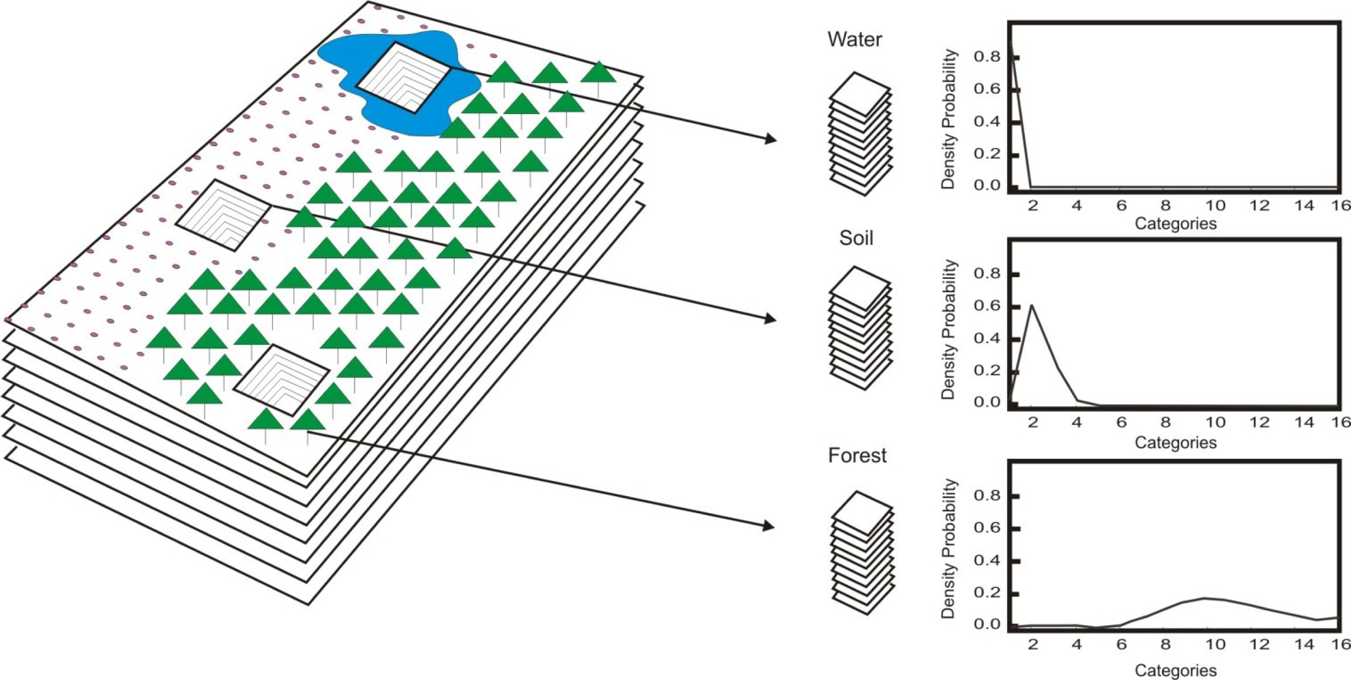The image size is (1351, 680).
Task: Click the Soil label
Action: point(856,239)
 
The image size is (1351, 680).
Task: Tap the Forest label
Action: point(857,455)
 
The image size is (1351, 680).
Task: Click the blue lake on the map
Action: point(341,58)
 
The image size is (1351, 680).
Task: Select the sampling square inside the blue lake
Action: point(403,78)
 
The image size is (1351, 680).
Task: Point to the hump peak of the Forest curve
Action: point(1205,598)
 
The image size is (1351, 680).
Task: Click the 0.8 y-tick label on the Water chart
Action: point(987,57)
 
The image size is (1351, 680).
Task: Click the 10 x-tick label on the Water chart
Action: point(1215,206)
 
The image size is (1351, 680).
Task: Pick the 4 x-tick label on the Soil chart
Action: point(1077,423)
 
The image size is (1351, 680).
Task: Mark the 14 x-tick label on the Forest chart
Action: point(1304,644)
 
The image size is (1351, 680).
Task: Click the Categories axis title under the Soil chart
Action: point(1175,443)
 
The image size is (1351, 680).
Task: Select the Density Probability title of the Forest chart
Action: point(948,549)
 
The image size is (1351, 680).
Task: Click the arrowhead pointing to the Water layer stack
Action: point(771,139)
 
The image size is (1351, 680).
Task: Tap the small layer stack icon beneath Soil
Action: point(860,328)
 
